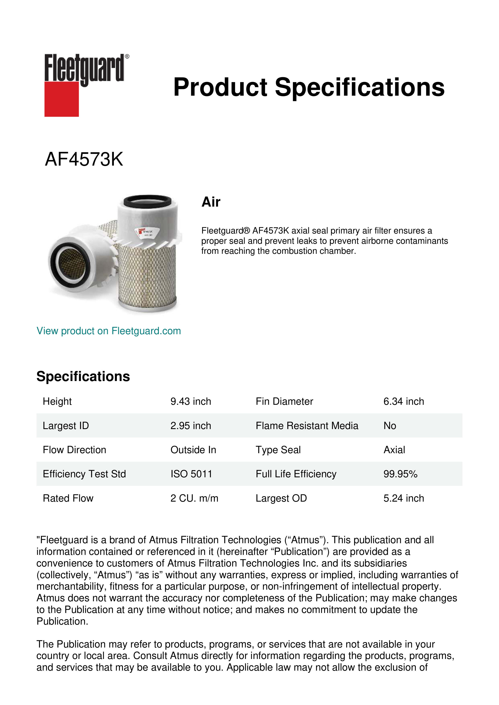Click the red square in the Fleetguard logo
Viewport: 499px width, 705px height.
62,99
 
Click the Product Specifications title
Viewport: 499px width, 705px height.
309,87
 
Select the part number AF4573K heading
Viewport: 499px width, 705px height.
84,159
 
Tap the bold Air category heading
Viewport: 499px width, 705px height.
211,202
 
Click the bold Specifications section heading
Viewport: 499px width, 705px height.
83,376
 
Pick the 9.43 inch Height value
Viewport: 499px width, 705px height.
190,401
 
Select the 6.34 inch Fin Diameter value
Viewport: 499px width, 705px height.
403,401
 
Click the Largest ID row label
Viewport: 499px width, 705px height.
66,426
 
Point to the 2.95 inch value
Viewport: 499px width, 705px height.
190,426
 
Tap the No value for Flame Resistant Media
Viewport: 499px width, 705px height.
390,426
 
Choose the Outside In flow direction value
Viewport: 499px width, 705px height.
193,450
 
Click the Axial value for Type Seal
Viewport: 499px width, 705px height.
394,450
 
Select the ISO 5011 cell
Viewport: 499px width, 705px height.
191,474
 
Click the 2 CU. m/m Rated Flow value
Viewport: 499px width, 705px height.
194,498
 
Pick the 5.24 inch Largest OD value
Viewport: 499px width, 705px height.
403,498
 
